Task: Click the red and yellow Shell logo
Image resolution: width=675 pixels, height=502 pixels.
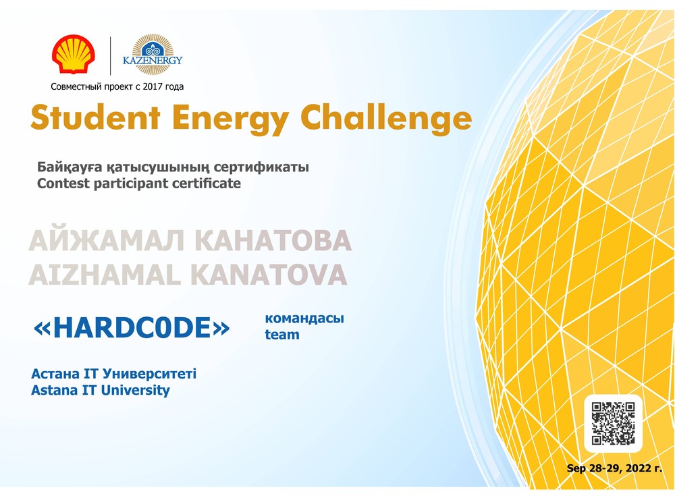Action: pos(74,54)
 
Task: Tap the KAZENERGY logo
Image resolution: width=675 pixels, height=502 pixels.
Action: pos(153,55)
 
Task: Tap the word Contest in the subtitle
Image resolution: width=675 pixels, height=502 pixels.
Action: pos(63,184)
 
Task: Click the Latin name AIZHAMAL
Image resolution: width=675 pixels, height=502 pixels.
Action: pos(105,275)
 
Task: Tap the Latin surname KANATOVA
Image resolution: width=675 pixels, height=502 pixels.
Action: pos(269,275)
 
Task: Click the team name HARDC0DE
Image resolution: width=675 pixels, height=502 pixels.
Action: pos(132,328)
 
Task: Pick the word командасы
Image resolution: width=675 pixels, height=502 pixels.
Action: pos(304,318)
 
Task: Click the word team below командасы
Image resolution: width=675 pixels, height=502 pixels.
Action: pos(282,335)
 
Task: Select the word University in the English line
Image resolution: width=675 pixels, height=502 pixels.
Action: pos(135,391)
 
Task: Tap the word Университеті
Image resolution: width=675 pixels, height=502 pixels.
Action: pos(150,373)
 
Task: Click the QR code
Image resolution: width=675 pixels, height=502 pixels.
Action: pos(613,423)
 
